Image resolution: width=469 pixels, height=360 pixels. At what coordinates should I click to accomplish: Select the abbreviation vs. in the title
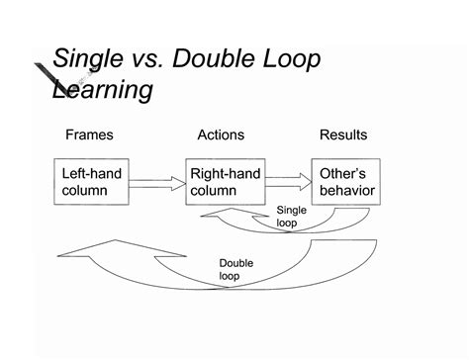tap(155, 59)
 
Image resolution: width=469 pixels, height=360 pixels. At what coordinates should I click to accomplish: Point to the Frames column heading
tap(90, 135)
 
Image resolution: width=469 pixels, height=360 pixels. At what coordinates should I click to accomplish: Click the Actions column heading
tap(221, 135)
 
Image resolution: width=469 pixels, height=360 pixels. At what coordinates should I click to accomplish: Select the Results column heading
tap(342, 135)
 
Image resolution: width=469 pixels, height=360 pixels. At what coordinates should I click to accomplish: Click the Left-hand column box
tap(91, 181)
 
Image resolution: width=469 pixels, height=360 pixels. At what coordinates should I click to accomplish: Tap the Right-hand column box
tap(226, 181)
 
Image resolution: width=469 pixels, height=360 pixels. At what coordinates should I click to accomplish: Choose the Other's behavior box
tap(346, 181)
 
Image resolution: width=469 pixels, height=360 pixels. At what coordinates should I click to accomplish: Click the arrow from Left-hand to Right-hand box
tap(157, 181)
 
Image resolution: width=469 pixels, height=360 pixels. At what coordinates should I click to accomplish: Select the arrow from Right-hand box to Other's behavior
tap(288, 181)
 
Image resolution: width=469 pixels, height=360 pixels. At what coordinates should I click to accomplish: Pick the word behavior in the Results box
tap(346, 190)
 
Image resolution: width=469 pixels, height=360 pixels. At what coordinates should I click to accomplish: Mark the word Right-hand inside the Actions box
tap(225, 173)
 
